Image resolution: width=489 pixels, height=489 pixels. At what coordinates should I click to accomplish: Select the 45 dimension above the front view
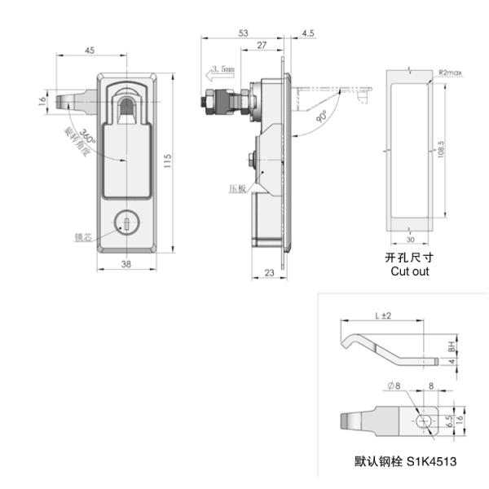click(89, 51)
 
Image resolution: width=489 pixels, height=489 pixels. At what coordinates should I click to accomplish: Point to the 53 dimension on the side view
click(243, 33)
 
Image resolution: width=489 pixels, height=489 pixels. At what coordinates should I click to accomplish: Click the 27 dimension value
click(261, 46)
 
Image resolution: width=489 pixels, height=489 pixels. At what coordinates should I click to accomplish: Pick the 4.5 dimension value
click(307, 33)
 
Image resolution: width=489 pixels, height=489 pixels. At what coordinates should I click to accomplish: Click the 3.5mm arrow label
click(222, 69)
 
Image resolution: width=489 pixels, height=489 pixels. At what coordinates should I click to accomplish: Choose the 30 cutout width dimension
click(409, 240)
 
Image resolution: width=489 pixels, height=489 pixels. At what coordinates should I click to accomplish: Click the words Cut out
click(408, 271)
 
